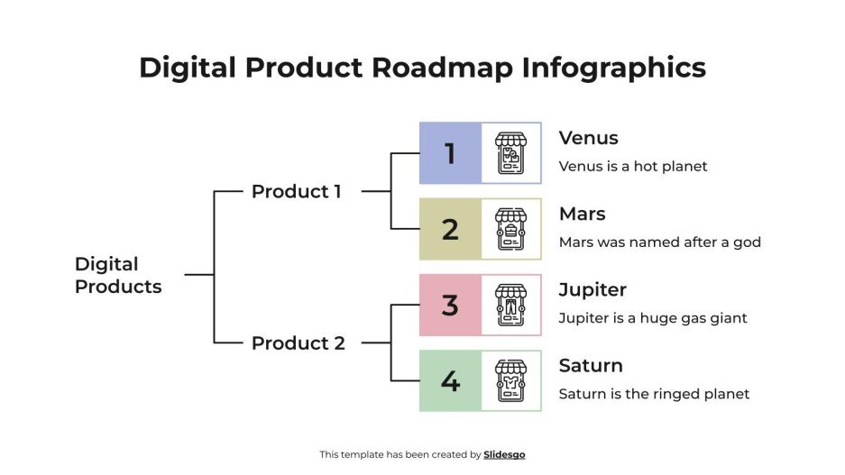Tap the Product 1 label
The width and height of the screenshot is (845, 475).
(x=296, y=191)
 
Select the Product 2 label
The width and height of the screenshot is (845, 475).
(x=298, y=343)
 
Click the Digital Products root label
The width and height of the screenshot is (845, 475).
(x=118, y=275)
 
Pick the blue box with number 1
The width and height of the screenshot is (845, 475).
(x=450, y=153)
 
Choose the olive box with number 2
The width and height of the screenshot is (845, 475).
(x=450, y=229)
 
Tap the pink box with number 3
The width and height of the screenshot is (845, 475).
(x=450, y=305)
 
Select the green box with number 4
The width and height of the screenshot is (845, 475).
(x=450, y=381)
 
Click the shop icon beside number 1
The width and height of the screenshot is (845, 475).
(x=511, y=153)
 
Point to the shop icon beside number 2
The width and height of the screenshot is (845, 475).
(x=511, y=229)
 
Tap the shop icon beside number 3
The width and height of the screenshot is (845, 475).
(x=511, y=305)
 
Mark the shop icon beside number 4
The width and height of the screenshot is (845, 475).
(x=511, y=381)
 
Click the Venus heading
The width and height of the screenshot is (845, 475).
(x=588, y=138)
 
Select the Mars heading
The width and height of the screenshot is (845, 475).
(x=582, y=214)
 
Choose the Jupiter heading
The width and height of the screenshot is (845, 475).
(x=592, y=289)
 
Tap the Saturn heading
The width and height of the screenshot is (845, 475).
(x=591, y=365)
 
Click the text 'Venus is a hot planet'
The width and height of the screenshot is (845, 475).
(x=633, y=166)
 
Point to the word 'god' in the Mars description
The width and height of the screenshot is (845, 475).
(x=748, y=242)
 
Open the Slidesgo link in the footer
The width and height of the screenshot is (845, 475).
(x=504, y=454)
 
